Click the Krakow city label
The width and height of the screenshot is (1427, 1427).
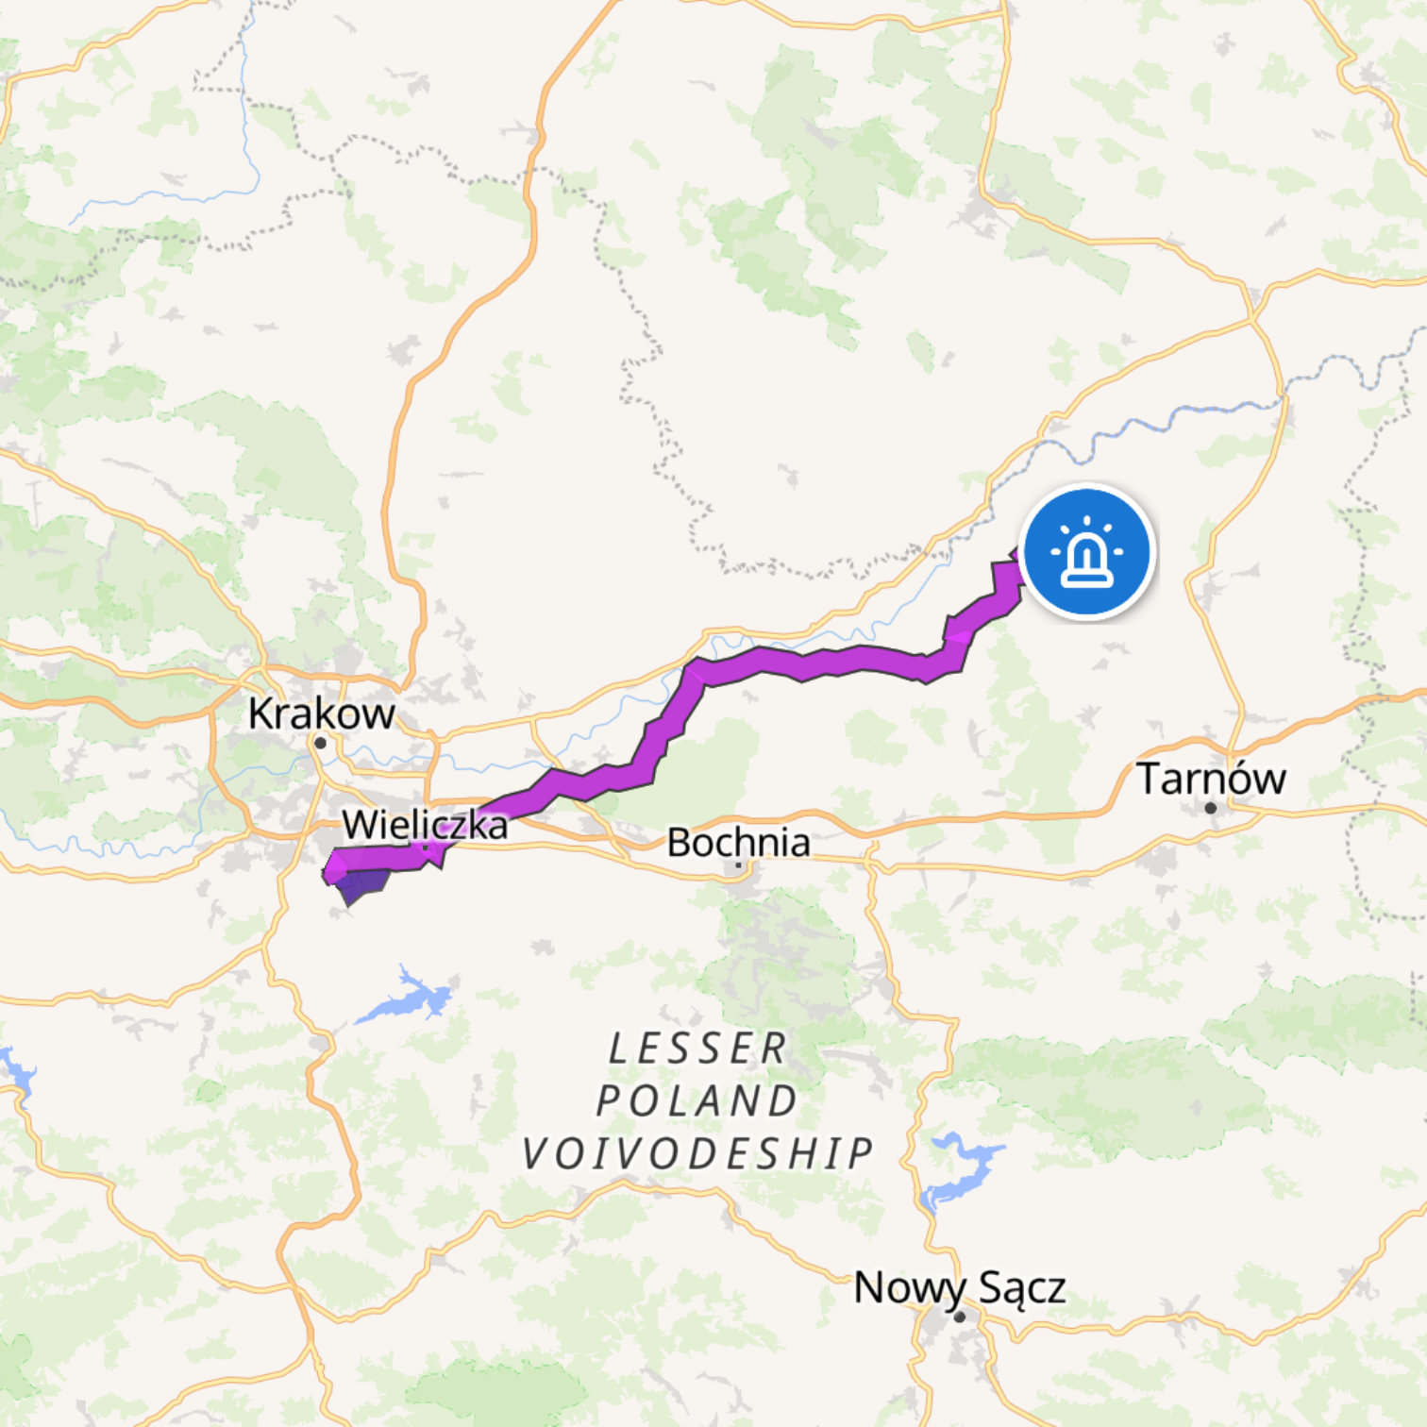coord(321,713)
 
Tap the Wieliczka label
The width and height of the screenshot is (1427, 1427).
coord(425,825)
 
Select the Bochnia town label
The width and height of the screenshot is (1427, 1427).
coord(738,842)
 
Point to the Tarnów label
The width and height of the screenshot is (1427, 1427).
coord(1211,779)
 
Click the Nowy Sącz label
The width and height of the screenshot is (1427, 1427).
coord(959,1287)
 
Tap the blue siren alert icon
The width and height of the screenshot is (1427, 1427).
coord(1087,552)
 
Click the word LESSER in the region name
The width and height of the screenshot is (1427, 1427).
coord(697,1049)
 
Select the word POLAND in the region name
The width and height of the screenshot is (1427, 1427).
coord(697,1100)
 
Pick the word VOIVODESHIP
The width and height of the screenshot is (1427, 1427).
coord(697,1153)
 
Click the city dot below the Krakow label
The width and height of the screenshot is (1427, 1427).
coord(320,744)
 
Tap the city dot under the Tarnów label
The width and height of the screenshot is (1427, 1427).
coord(1210,808)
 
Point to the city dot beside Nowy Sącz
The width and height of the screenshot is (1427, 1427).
coord(960,1317)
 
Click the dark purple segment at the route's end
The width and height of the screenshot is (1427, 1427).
coord(361,885)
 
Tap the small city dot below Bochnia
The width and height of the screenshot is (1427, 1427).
coord(738,865)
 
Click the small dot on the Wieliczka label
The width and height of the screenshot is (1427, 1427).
coord(426,848)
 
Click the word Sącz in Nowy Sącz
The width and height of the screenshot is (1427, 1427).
coord(1022,1287)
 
